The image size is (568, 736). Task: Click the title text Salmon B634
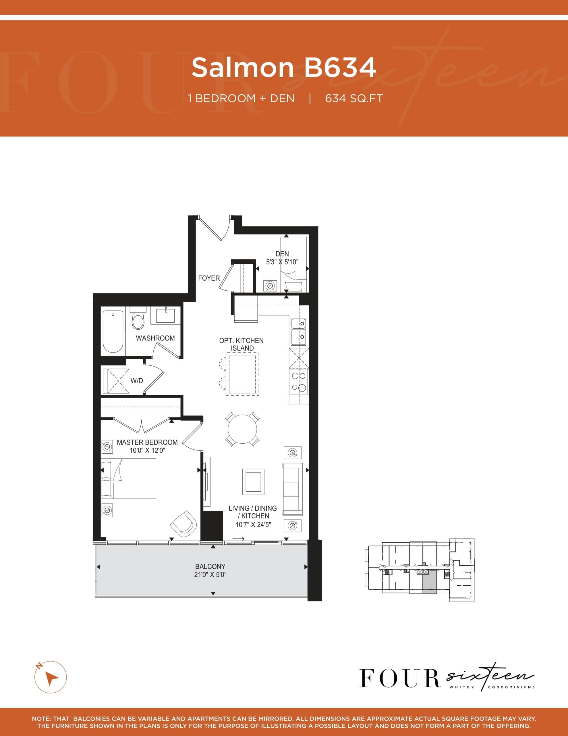[283, 67]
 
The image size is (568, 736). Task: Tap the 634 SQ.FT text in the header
[354, 98]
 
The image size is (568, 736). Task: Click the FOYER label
[209, 278]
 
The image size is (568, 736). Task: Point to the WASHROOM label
[155, 338]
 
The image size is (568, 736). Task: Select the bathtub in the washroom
[113, 332]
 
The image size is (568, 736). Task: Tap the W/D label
[137, 381]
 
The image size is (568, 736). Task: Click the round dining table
[242, 429]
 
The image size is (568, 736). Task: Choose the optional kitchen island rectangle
[242, 374]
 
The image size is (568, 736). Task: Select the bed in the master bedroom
[131, 478]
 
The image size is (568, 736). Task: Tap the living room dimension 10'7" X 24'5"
[253, 524]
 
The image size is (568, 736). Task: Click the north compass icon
[51, 677]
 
